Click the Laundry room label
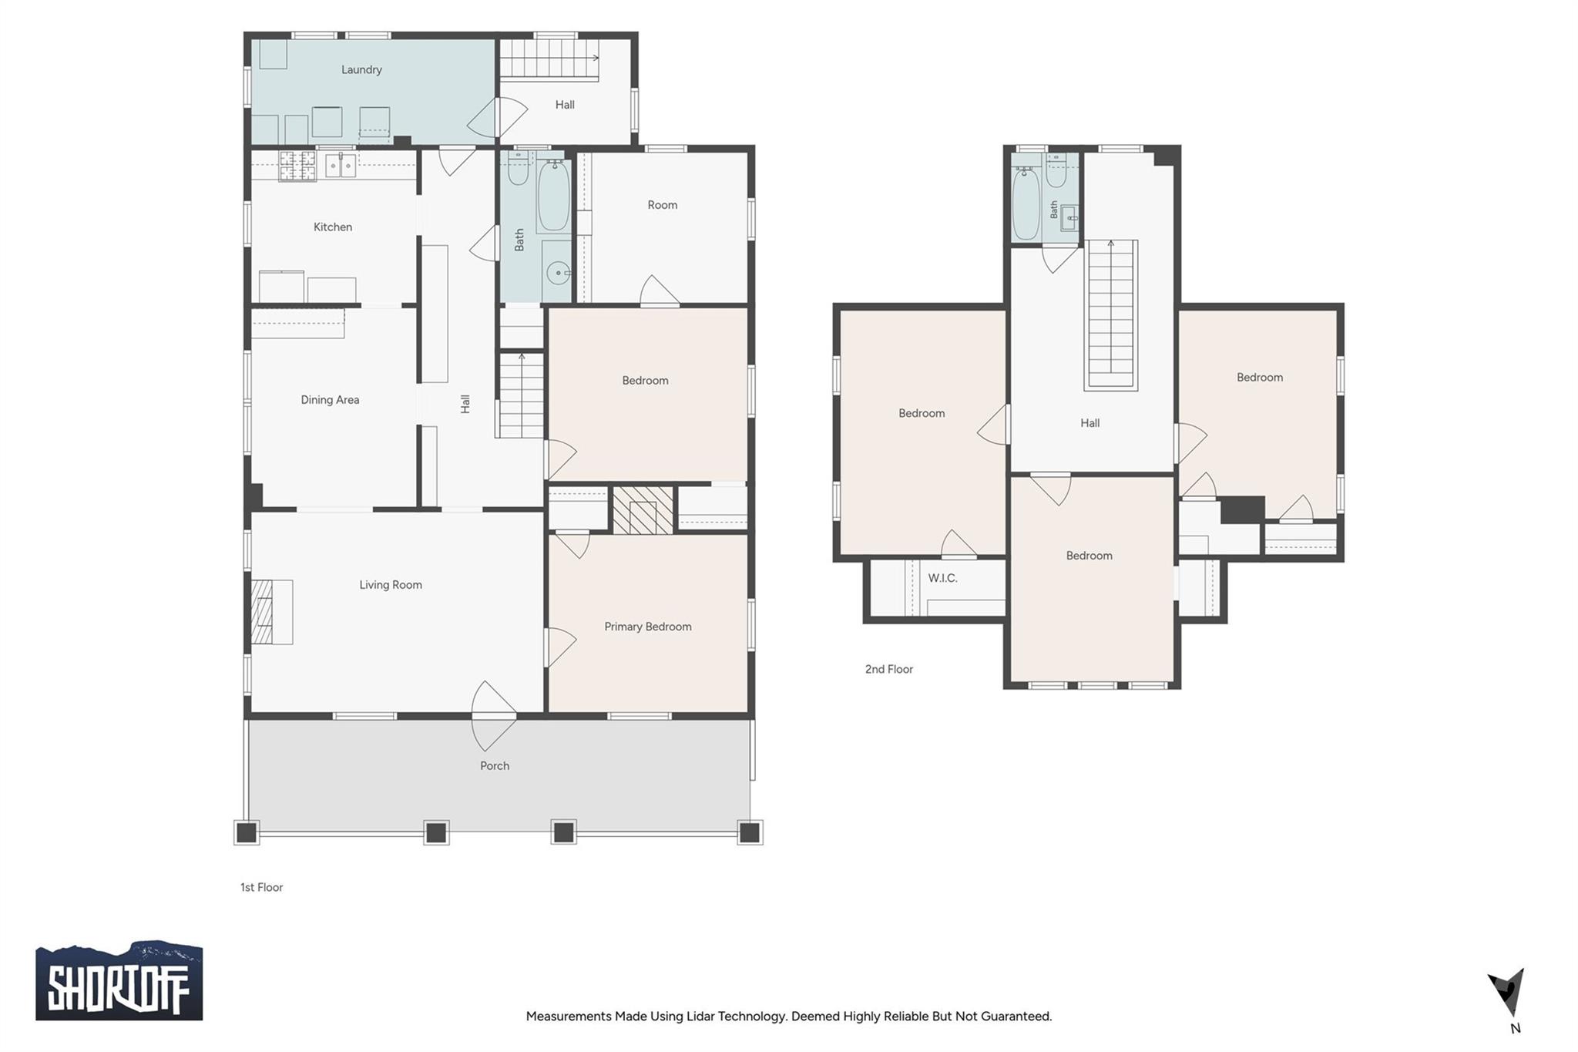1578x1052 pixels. (361, 69)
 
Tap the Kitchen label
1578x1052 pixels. (333, 227)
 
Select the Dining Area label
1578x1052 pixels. (330, 399)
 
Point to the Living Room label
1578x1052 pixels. (391, 584)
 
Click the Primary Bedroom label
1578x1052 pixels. (647, 627)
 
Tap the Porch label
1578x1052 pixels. (495, 765)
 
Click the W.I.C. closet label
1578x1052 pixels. (942, 578)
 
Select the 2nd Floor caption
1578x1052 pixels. (888, 669)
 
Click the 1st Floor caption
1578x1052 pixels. (261, 887)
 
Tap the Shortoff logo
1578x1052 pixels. (119, 980)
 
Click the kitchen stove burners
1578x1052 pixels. (297, 165)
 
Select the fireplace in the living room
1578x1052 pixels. (271, 611)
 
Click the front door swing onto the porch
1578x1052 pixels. (493, 716)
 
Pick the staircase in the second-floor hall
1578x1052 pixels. (1111, 314)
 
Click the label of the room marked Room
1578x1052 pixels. (662, 205)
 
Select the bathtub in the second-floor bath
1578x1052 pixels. (1026, 203)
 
